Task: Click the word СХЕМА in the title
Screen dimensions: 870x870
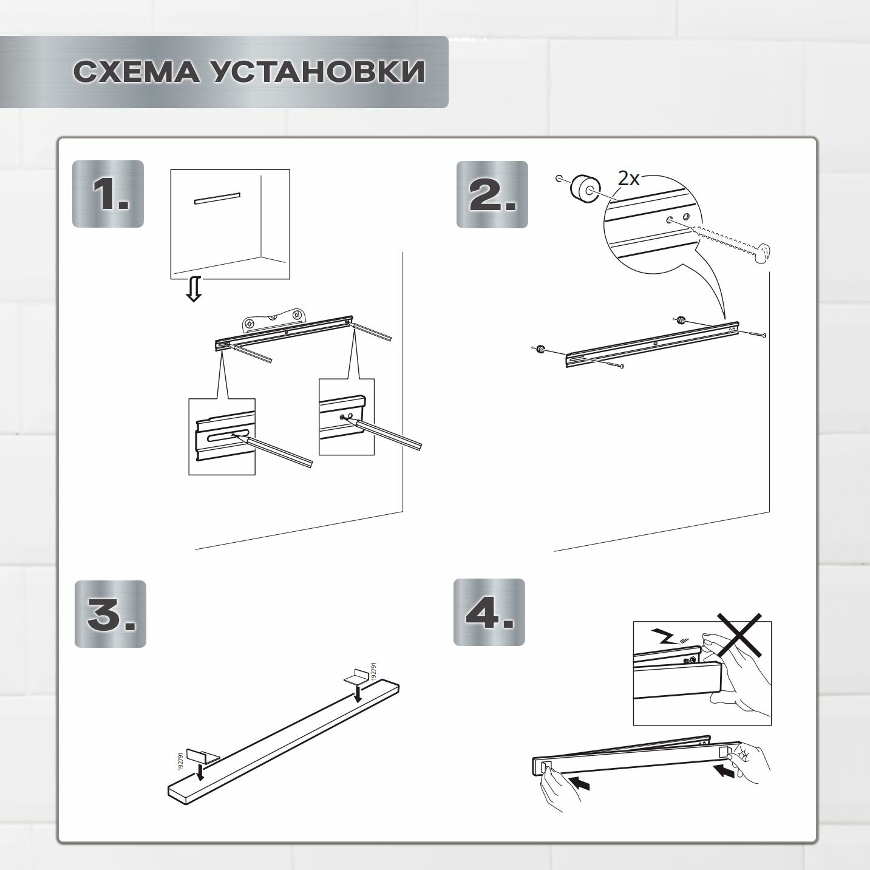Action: point(136,71)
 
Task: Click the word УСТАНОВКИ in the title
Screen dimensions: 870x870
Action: point(318,71)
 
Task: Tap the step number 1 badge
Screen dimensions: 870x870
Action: point(108,194)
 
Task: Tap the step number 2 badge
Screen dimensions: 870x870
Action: point(492,194)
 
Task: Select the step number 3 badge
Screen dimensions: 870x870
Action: point(110,614)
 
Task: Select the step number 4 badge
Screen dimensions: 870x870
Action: point(489,612)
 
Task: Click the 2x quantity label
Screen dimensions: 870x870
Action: point(628,179)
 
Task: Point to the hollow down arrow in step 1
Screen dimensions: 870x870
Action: point(194,290)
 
